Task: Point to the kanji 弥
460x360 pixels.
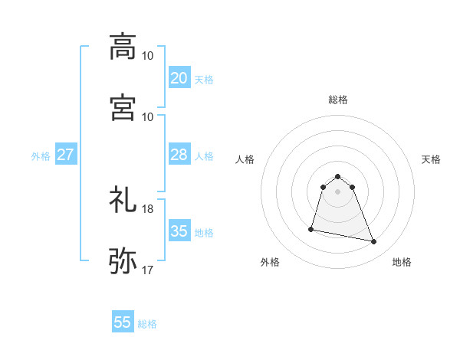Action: (123, 260)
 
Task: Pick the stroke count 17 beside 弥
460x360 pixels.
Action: (148, 270)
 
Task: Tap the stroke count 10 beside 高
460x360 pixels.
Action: (148, 56)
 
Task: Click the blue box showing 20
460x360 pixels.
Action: (179, 78)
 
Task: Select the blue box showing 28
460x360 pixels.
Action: (179, 155)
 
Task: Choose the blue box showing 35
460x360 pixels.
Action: (179, 231)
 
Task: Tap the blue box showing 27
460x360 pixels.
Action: (65, 155)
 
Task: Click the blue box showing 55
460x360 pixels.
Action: (123, 322)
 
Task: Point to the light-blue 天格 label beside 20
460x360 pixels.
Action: (204, 80)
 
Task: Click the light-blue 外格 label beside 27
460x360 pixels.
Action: (41, 156)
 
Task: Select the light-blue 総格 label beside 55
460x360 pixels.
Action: (147, 324)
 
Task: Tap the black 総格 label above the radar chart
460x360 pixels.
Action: (337, 100)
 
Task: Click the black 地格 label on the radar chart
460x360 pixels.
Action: (402, 263)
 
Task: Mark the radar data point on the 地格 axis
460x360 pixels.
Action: (374, 242)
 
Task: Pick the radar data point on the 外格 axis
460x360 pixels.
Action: (311, 229)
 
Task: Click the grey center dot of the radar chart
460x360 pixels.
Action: (337, 191)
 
